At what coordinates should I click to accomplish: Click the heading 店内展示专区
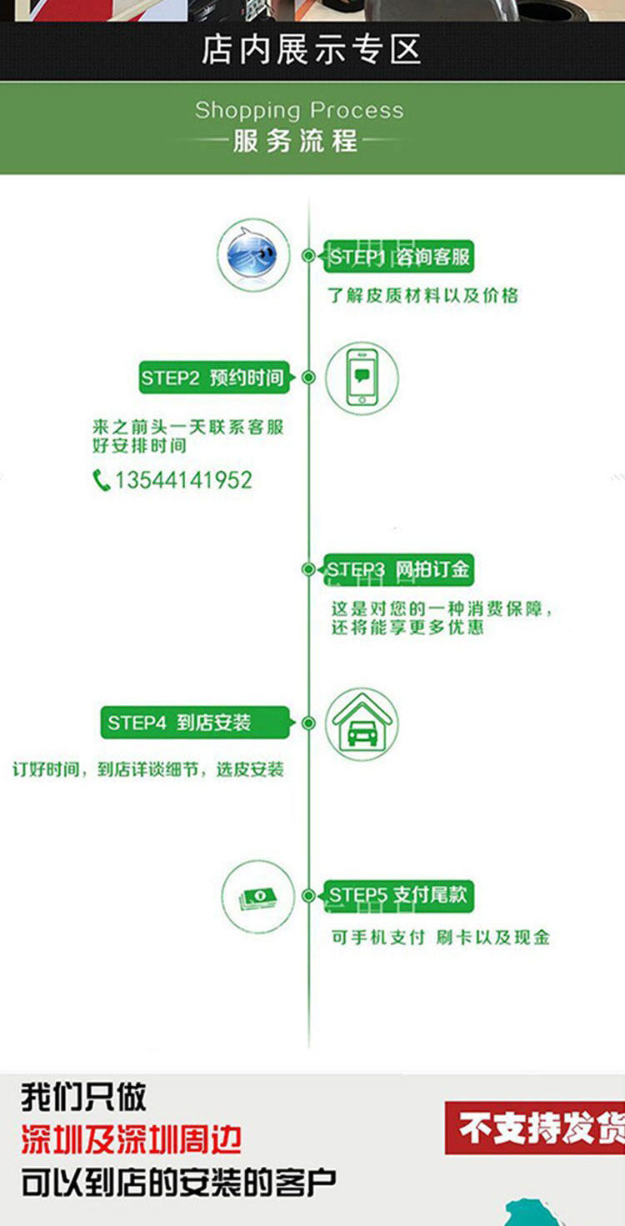coord(311,50)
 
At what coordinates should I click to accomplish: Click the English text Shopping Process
coord(299,110)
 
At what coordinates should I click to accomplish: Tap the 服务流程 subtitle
coord(295,140)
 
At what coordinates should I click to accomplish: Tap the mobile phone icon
coord(361,377)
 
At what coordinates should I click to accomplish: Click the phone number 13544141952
coord(183,480)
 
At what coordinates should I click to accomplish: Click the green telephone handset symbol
coord(102,480)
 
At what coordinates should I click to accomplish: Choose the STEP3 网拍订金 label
coord(398,570)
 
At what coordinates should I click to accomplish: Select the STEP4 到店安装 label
coord(196,723)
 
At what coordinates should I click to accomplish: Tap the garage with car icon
coord(361,723)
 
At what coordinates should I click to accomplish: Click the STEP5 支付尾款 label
coord(398,896)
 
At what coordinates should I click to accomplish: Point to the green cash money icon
coord(257,897)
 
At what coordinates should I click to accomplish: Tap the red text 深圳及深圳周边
coord(132,1139)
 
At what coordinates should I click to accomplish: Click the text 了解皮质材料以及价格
coord(423,294)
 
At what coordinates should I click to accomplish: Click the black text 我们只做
coord(83,1097)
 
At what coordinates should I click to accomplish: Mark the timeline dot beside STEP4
coord(308,723)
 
